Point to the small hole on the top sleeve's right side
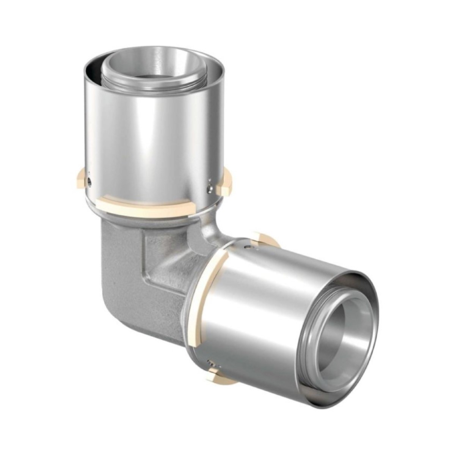point(209,187)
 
